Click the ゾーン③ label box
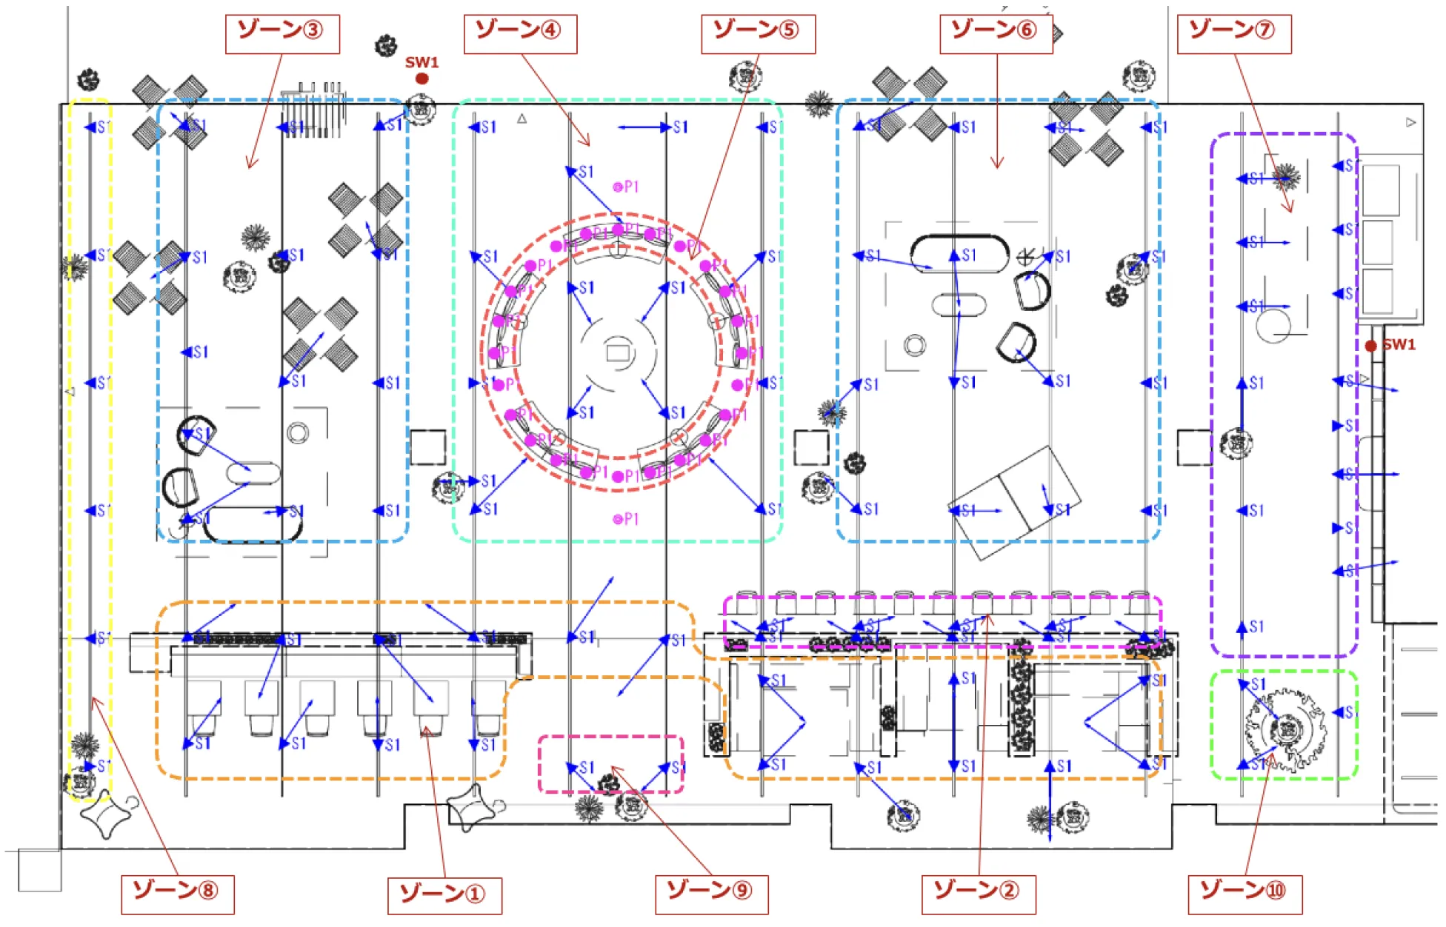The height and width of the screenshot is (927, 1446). click(x=282, y=34)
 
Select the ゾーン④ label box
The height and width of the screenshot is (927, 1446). click(x=520, y=34)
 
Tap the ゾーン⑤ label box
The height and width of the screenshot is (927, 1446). click(x=758, y=34)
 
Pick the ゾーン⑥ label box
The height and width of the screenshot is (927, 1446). click(x=996, y=34)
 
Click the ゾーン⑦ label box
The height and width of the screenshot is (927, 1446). click(x=1233, y=34)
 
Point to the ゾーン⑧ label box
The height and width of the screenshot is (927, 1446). click(x=178, y=894)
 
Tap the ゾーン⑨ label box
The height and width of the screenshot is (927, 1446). click(x=711, y=894)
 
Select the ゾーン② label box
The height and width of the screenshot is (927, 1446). click(x=978, y=894)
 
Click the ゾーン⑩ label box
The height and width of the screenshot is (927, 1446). click(x=1245, y=894)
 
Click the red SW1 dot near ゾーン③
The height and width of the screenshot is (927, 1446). click(x=422, y=78)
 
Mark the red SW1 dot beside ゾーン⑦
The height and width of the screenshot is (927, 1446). click(x=1370, y=346)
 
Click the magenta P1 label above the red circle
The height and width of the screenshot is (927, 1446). click(x=627, y=187)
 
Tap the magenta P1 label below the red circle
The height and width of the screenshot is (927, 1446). click(x=627, y=519)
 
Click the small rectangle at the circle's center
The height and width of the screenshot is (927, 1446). click(x=618, y=352)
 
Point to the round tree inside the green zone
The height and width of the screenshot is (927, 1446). click(x=1286, y=729)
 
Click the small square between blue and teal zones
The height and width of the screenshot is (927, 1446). click(x=428, y=447)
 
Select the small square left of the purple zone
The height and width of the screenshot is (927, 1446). click(x=1194, y=447)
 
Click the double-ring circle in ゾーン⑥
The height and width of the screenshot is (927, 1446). click(x=915, y=345)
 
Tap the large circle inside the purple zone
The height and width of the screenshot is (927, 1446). click(x=1273, y=326)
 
